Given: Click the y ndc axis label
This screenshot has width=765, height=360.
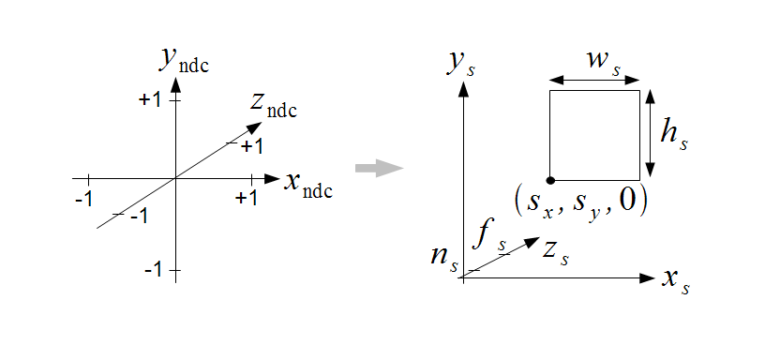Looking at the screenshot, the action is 184,61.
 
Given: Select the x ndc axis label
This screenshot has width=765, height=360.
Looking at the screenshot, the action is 308,185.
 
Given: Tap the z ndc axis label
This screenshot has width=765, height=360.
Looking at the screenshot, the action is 274,106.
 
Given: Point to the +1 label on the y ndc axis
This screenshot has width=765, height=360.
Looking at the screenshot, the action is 149,100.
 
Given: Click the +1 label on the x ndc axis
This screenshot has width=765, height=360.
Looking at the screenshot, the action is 247,198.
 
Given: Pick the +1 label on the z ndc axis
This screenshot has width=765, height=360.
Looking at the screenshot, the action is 252,146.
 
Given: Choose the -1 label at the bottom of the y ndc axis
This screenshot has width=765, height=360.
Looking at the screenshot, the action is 153,270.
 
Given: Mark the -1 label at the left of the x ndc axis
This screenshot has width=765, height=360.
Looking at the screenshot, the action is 84,199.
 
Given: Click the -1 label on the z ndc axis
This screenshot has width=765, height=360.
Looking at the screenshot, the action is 139,217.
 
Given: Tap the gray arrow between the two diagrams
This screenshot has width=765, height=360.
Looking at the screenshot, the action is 379,169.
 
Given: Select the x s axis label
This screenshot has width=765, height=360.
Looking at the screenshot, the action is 676,281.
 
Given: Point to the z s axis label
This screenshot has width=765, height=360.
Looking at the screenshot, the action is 556,254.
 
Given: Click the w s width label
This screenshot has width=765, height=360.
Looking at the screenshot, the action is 604,64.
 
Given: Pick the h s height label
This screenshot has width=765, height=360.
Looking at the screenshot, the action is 674,133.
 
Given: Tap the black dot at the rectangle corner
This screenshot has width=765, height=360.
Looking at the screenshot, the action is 550,181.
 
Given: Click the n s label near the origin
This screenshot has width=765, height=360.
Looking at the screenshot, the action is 444,259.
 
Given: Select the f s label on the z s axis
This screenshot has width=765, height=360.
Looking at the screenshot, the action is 489,238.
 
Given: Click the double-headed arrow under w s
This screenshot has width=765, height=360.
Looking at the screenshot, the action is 594,80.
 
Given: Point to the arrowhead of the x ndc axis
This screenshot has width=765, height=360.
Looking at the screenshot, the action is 272,178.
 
